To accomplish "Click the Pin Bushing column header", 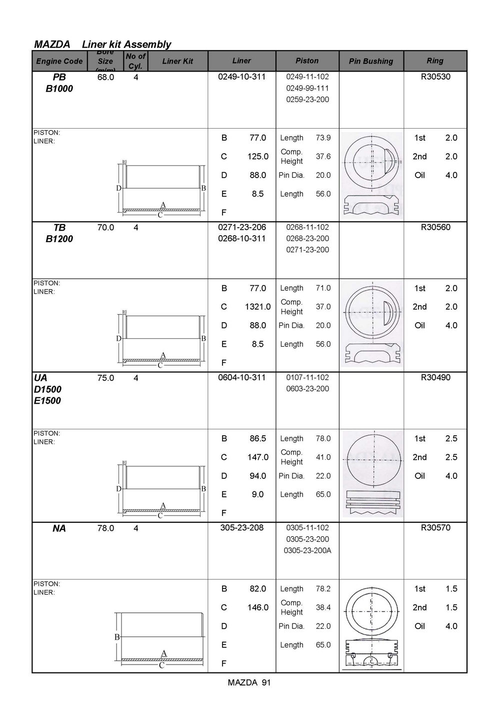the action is point(371,62).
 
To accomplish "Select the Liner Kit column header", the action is point(177,62).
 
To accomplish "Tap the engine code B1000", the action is point(59,89).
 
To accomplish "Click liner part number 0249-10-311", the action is point(241,77).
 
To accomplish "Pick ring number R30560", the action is point(435,227).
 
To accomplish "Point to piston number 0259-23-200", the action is point(307,100).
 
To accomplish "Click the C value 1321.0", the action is point(257,307).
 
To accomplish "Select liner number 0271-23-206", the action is point(241,227).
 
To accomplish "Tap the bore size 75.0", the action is point(105,378).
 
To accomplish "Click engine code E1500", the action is point(47,401).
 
